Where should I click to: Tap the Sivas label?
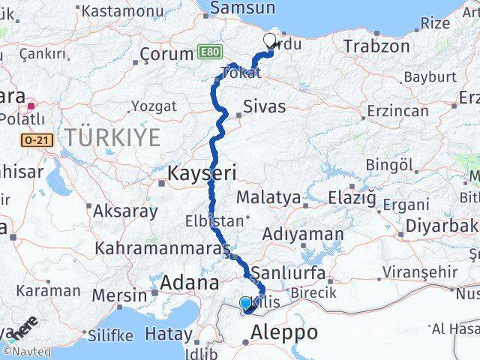264,106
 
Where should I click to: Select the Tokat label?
241,73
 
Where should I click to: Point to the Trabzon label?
376,46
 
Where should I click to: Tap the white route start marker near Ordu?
269,42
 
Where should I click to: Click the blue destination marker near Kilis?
245,304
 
